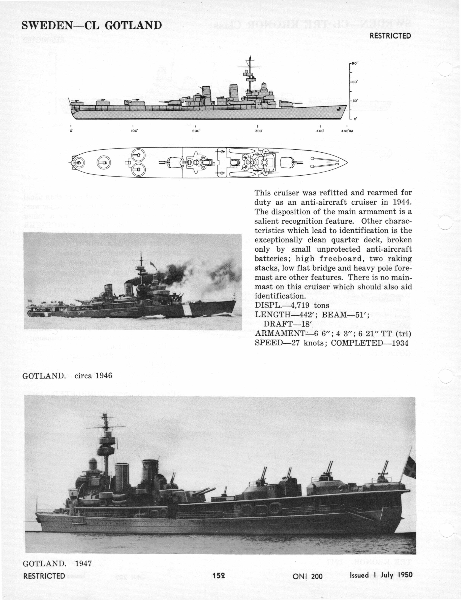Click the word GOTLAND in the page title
tap(133, 25)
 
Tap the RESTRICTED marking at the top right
tap(390, 36)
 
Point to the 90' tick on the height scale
tap(354, 63)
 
